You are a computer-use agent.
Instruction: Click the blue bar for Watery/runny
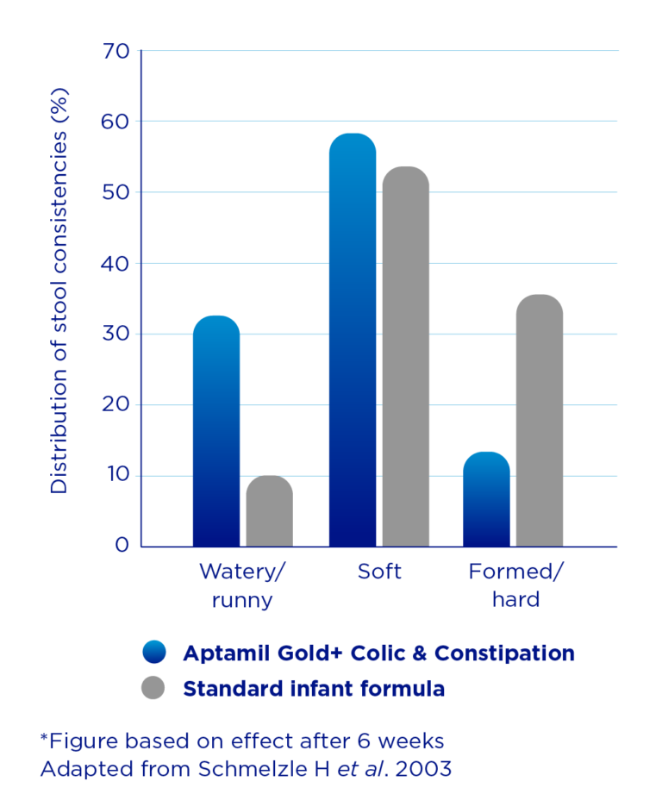coord(216,431)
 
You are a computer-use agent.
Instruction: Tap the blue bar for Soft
coord(353,340)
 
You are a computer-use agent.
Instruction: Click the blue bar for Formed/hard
coord(486,499)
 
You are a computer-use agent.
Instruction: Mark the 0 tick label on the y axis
coord(122,545)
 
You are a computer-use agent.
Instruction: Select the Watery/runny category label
coord(242,585)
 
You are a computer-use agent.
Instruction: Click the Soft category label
coord(379,571)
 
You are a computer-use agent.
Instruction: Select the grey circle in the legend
coord(154,689)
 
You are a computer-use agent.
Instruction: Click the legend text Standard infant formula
coord(314,689)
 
